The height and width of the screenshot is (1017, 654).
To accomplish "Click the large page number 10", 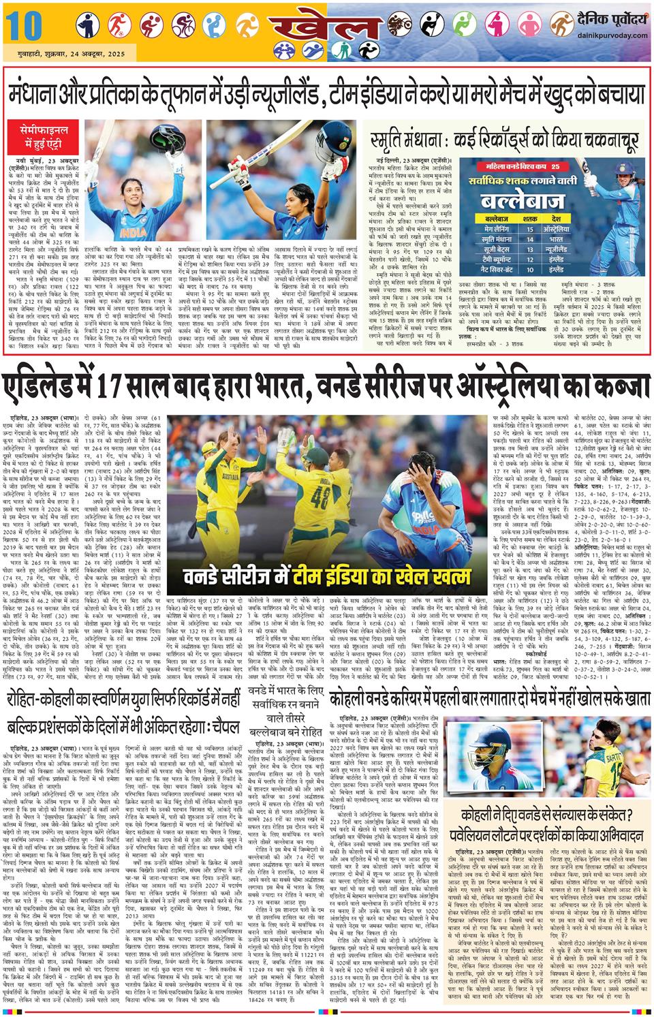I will pos(20,27).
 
